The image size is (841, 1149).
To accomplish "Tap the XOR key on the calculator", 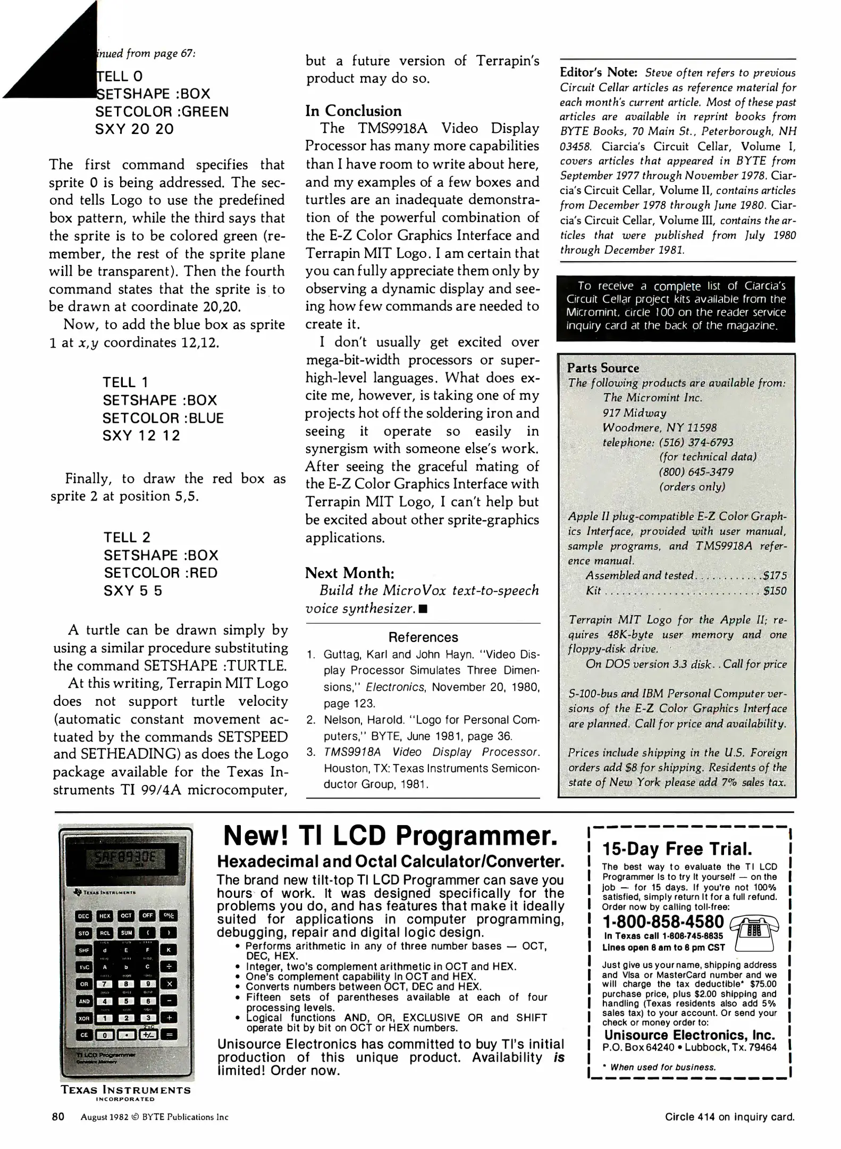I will tap(84, 1018).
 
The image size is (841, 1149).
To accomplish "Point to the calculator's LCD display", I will tap(125, 857).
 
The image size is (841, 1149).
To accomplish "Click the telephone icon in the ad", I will tap(754, 932).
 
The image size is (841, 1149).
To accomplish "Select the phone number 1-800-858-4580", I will tap(663, 922).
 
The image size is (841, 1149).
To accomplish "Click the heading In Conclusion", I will tap(353, 111).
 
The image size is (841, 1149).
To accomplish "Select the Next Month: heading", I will tap(349, 573).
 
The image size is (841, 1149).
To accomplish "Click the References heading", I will tap(423, 637).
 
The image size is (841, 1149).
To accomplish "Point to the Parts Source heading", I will tap(602, 368).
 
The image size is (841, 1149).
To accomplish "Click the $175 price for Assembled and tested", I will tap(774, 576).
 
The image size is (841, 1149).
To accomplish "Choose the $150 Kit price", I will tap(774, 590).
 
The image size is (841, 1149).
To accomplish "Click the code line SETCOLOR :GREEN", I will tap(162, 112).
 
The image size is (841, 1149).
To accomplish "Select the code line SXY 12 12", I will tap(141, 436).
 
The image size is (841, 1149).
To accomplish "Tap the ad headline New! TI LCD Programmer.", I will tap(390, 837).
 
